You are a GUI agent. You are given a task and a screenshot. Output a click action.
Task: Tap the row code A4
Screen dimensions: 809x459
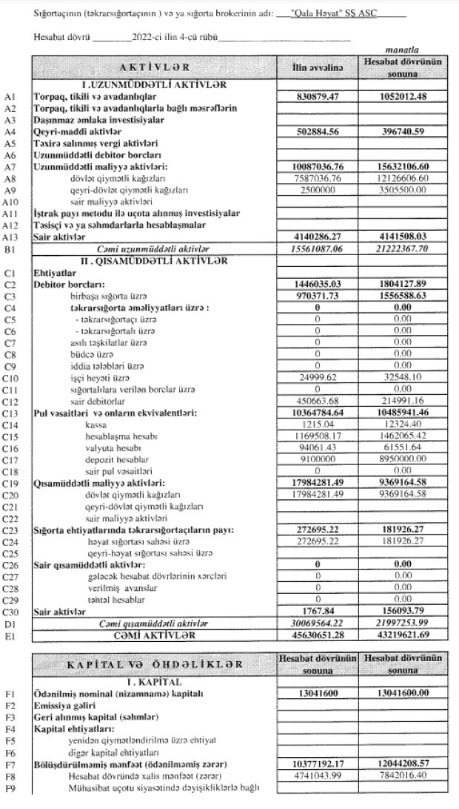[10, 132]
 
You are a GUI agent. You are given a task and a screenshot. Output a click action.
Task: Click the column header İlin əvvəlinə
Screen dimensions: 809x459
[318, 68]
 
